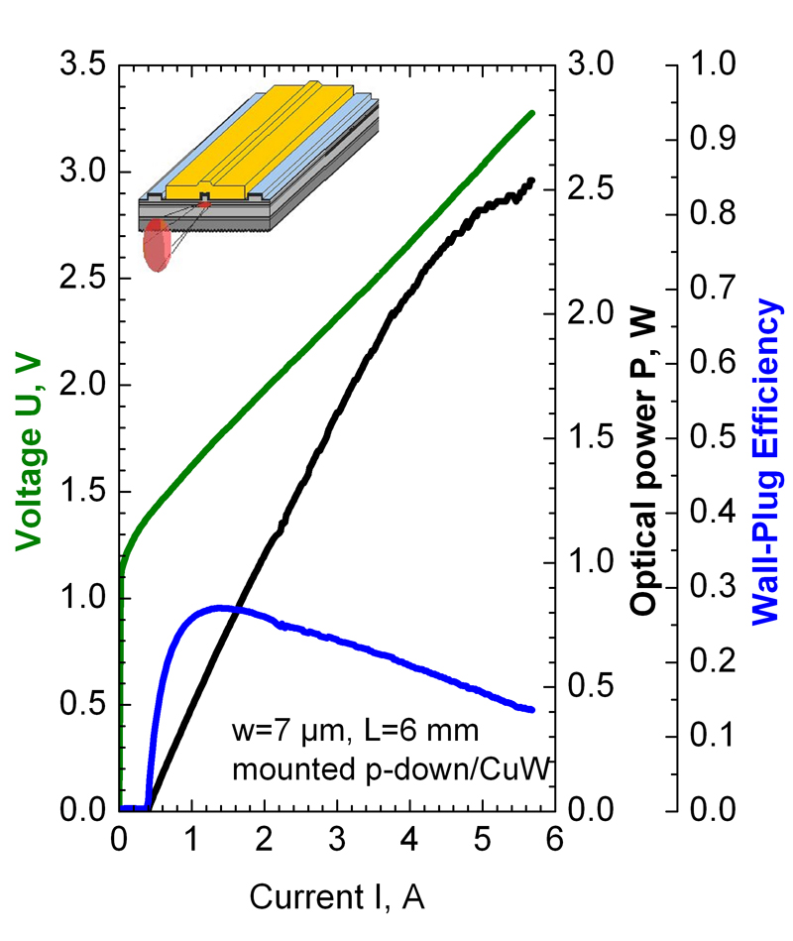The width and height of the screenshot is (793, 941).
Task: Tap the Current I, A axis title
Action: tap(336, 898)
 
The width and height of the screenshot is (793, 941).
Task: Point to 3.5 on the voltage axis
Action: tap(82, 66)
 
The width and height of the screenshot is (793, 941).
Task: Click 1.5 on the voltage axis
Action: tap(82, 492)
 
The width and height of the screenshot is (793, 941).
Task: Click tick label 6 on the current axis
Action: tap(554, 841)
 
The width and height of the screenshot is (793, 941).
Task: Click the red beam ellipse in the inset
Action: tap(157, 246)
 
